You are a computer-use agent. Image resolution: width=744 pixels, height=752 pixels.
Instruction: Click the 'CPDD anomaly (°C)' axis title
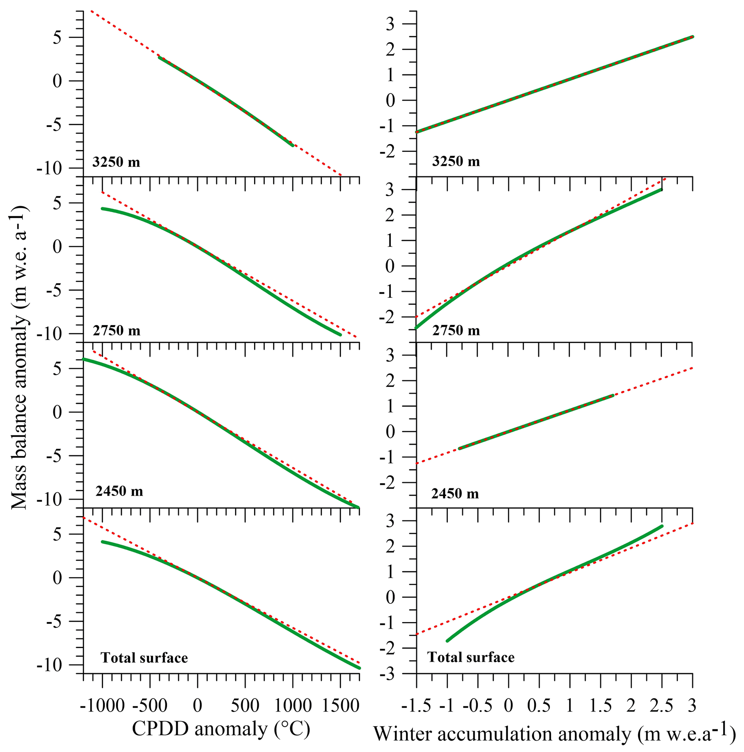(x=221, y=728)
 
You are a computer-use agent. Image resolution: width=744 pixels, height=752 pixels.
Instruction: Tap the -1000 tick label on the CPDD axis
(x=103, y=706)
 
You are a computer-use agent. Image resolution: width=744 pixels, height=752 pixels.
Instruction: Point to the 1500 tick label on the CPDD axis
(x=341, y=706)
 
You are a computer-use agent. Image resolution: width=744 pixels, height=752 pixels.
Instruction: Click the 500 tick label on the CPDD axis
(x=245, y=706)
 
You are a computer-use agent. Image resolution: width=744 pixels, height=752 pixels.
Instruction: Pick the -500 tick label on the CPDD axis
(x=150, y=706)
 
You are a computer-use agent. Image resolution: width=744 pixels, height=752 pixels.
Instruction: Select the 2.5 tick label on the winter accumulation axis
(x=662, y=706)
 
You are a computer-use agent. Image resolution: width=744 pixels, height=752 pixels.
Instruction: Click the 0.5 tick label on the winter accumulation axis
(x=539, y=706)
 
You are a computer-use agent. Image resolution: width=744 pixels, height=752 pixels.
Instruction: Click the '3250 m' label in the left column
(x=116, y=162)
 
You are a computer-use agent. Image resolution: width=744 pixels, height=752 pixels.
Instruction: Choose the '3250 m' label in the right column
(x=456, y=161)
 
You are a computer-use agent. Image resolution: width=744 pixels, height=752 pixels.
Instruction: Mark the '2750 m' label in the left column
(x=116, y=330)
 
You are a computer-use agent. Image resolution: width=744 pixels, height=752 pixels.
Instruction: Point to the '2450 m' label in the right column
(x=455, y=494)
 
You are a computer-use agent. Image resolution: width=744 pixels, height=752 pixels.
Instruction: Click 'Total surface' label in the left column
(x=144, y=658)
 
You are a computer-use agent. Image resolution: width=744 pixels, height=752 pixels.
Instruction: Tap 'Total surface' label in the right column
(x=471, y=657)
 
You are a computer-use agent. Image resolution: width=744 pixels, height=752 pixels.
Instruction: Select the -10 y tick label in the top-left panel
(x=55, y=169)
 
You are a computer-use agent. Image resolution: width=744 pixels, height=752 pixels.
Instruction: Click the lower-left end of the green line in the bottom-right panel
(x=447, y=640)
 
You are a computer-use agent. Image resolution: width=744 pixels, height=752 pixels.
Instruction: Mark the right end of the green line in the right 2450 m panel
(x=613, y=396)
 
